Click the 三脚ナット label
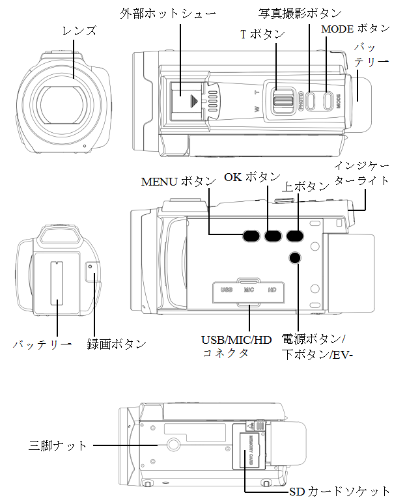pos(58,445)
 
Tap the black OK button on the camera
pos(272,236)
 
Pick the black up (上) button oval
pos(295,236)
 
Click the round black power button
pos(295,259)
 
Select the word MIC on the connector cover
pos(249,289)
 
